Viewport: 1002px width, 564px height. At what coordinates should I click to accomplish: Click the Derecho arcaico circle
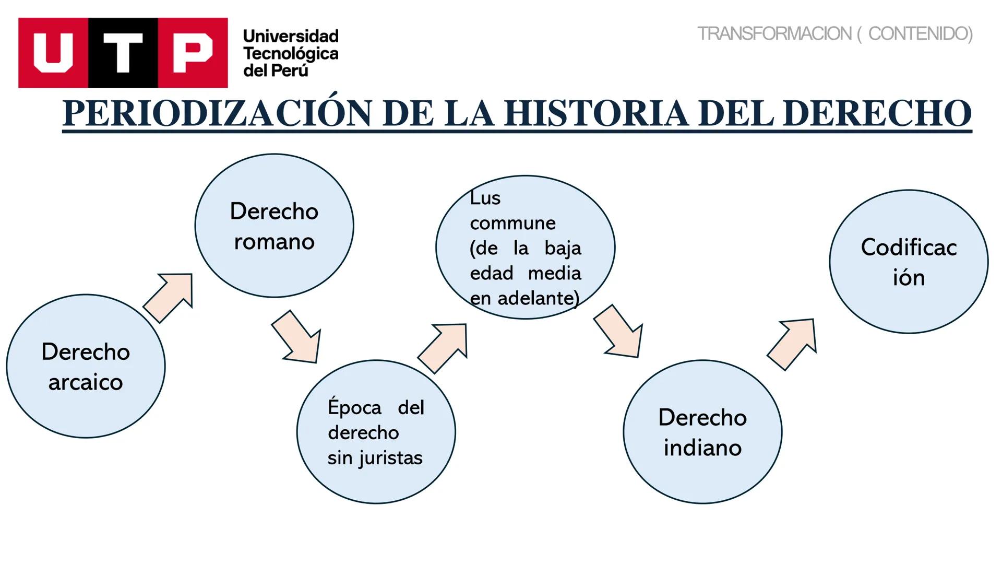[x=86, y=366]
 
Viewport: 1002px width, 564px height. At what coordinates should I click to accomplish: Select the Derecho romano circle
[x=274, y=226]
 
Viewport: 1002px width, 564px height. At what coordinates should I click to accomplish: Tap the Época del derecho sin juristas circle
[x=376, y=432]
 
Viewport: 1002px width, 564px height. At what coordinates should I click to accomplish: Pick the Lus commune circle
[x=526, y=247]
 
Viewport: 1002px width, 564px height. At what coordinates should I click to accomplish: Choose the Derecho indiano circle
[x=702, y=432]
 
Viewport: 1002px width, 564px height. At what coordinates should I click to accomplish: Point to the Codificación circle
[x=909, y=262]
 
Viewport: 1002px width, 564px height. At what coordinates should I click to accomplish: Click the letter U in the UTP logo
[x=53, y=53]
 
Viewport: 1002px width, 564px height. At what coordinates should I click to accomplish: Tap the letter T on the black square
[x=123, y=53]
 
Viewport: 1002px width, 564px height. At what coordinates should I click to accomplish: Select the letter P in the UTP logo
[x=193, y=53]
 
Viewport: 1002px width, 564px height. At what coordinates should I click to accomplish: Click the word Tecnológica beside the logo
[x=291, y=53]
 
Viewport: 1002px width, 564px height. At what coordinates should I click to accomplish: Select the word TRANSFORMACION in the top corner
[x=774, y=34]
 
